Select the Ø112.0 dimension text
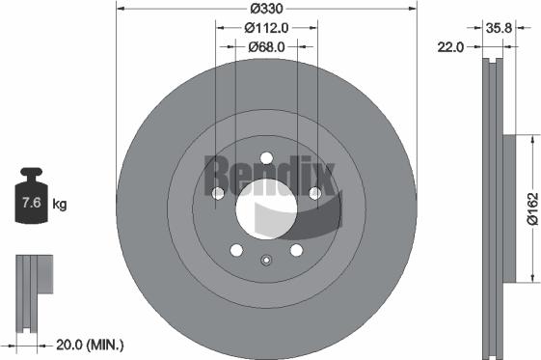pos(265,27)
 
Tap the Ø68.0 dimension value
pos(265,46)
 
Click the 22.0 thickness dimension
pos(452,45)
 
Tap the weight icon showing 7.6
pos(30,201)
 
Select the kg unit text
pos(60,205)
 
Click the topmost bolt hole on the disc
pos(265,158)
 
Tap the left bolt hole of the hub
pos(217,194)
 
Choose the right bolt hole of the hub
pos(314,194)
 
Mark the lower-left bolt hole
pos(235,251)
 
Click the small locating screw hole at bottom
pos(265,259)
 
